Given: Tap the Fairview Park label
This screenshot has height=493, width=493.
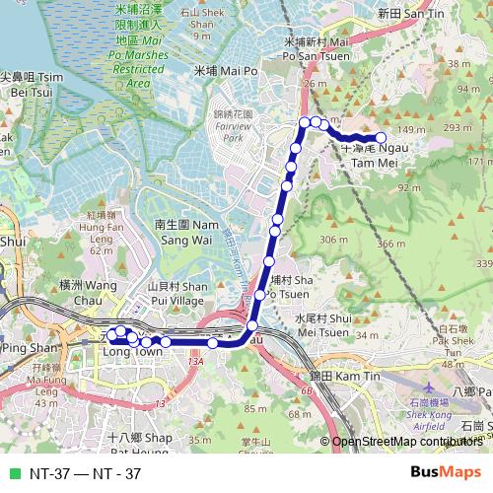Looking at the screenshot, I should [233, 127].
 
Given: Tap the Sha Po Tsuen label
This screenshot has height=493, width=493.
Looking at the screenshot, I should [290, 286].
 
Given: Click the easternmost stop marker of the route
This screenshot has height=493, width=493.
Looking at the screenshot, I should [381, 138].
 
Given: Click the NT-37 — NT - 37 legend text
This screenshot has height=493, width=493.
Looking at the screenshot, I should [85, 473].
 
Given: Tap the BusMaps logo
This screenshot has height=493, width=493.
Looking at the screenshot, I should [445, 472].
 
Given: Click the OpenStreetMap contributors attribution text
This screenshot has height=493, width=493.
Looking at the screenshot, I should [408, 441].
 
